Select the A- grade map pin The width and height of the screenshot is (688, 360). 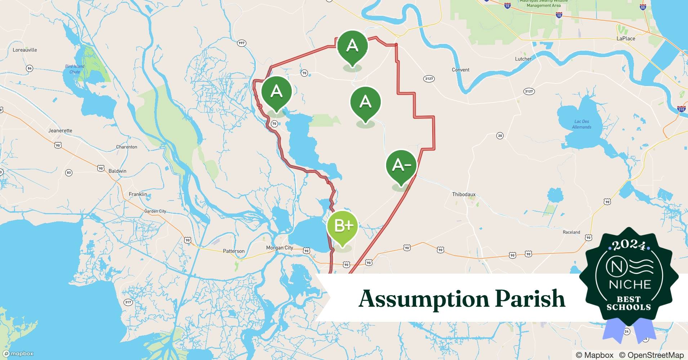click(401, 165)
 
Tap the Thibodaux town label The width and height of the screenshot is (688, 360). click(464, 194)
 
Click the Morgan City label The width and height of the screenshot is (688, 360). click(280, 248)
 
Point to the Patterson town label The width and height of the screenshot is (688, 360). click(233, 251)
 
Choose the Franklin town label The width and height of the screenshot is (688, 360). click(138, 194)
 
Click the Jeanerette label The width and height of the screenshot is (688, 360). click(60, 131)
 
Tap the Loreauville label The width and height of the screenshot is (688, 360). click(25, 50)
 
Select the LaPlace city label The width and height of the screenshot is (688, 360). click(626, 39)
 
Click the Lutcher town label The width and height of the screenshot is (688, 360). click(523, 59)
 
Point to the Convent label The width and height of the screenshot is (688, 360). click(460, 70)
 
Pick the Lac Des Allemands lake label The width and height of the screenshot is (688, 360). click(581, 124)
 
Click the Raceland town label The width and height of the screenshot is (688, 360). click(571, 232)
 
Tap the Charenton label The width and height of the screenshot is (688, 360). click(126, 147)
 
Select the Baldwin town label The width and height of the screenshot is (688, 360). click(117, 171)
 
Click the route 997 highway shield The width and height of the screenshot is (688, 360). click(241, 43)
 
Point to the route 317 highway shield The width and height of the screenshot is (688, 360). click(128, 302)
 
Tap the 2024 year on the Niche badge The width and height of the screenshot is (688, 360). click(629, 246)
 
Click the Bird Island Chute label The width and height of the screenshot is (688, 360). click(75, 69)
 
